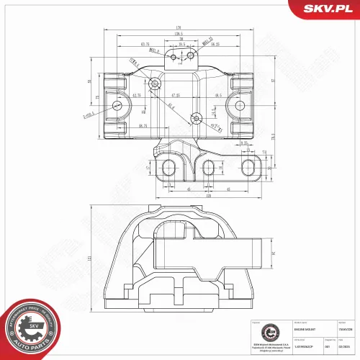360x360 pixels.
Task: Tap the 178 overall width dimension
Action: click(x=176, y=29)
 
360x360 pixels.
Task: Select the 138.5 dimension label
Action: click(x=178, y=34)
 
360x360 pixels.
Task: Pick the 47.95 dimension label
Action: click(x=175, y=95)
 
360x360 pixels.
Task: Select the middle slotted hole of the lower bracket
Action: click(x=208, y=168)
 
